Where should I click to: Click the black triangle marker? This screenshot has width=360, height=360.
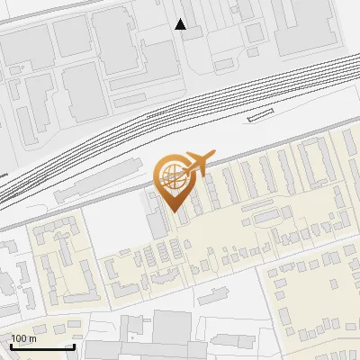[x=181, y=24]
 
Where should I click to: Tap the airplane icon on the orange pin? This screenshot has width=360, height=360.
[x=197, y=163]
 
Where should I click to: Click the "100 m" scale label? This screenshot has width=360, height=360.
[x=23, y=338]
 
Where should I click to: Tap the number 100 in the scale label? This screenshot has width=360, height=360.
[x=19, y=338]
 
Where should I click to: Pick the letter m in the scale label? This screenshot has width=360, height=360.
[x=32, y=338]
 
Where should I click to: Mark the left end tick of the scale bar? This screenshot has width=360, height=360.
[x=11, y=345]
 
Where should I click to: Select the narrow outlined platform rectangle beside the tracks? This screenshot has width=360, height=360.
[x=260, y=113]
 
